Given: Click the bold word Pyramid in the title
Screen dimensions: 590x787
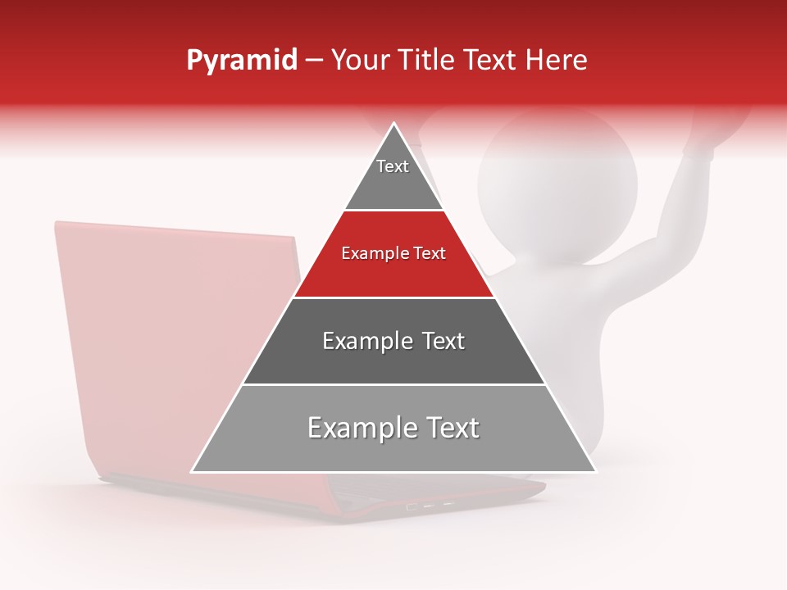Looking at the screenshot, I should [x=241, y=61].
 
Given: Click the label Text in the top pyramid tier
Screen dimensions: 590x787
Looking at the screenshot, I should [x=393, y=166].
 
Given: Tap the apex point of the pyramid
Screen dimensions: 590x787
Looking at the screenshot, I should [x=393, y=124].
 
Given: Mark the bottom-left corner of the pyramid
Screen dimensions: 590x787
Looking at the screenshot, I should [x=193, y=471].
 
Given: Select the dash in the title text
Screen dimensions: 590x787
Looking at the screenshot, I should [x=314, y=61].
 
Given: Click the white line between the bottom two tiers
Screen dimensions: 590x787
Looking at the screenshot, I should [x=393, y=384].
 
